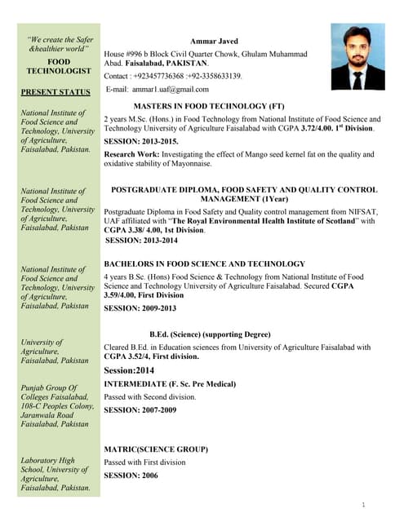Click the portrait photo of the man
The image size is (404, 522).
[x=357, y=56]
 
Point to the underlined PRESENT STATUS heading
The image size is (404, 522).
[x=55, y=92]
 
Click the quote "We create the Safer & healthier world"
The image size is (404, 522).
[x=60, y=44]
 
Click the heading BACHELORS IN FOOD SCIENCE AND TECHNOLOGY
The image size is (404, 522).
[x=205, y=263]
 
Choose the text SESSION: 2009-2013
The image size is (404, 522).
[x=140, y=308]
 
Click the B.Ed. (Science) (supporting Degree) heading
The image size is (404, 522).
[x=210, y=334]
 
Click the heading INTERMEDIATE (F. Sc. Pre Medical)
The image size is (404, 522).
[x=170, y=383]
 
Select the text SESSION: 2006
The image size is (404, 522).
[x=131, y=474]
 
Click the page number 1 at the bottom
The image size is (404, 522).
[x=362, y=506]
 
